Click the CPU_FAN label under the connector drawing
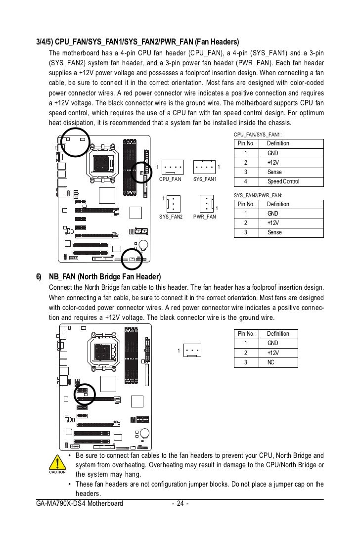click(x=170, y=179)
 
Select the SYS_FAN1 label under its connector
click(x=205, y=179)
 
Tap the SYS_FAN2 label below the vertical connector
click(x=171, y=217)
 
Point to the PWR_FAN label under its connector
click(x=205, y=217)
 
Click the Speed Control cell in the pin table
click(x=283, y=181)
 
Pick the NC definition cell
click(x=271, y=362)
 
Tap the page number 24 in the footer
click(x=180, y=504)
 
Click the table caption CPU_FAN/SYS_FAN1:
click(x=257, y=134)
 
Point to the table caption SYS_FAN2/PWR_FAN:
click(x=258, y=195)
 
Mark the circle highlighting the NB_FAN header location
click(x=84, y=394)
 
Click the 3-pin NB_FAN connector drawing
click(x=192, y=351)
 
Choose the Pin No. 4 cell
click(x=246, y=181)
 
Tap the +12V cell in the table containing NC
click(x=273, y=353)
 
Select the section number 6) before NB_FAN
click(x=39, y=276)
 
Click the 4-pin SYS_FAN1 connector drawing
click(x=204, y=167)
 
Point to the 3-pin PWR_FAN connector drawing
click(x=206, y=203)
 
